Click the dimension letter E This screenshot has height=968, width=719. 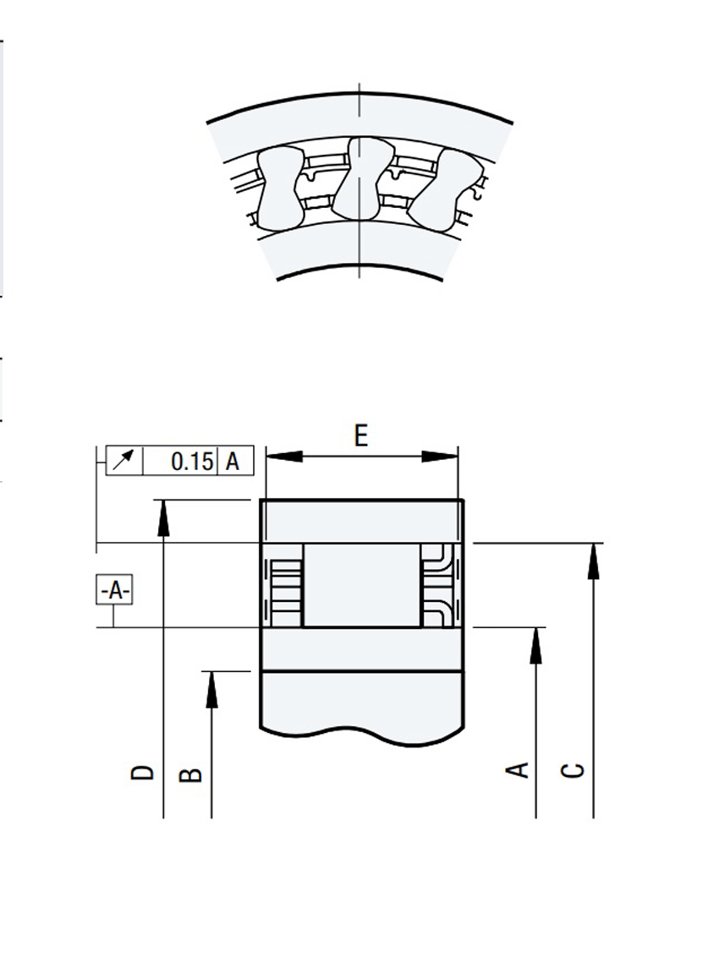point(361,435)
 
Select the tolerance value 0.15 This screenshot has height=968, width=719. point(191,462)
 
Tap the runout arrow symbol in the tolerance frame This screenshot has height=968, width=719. point(124,462)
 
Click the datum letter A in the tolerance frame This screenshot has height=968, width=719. point(234,462)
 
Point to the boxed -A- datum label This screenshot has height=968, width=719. point(114,590)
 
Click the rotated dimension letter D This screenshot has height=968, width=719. point(143,772)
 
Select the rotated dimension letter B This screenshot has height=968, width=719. point(192,774)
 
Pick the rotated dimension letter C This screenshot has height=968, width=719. point(574,770)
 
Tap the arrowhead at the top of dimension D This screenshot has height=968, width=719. point(163,516)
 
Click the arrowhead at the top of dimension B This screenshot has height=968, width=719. point(211,688)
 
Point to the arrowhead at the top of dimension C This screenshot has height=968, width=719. point(594,560)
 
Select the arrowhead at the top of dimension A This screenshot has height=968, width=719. point(536,644)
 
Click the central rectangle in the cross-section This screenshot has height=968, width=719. point(361,585)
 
